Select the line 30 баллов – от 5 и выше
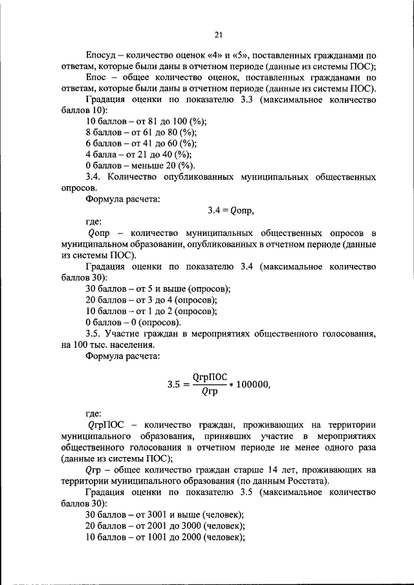click(x=158, y=288)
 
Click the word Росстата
click(x=303, y=480)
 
